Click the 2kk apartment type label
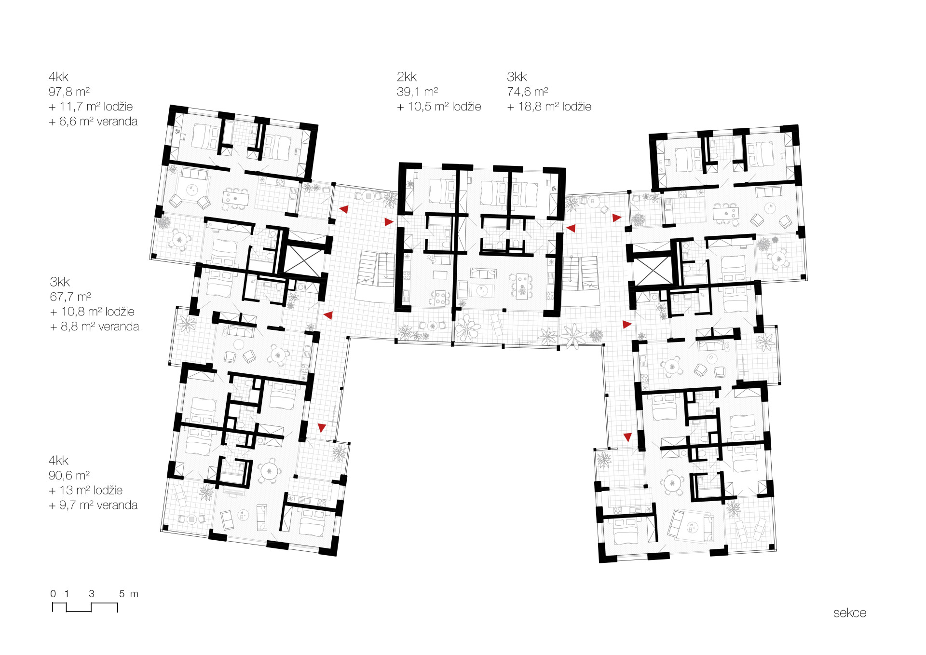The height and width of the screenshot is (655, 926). tap(407, 77)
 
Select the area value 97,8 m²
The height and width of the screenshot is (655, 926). tap(69, 92)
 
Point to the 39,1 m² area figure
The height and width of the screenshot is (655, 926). tap(417, 92)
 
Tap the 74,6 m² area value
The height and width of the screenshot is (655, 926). tap(527, 92)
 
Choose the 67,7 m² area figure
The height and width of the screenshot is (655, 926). tap(70, 297)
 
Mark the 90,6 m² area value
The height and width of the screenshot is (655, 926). tap(69, 476)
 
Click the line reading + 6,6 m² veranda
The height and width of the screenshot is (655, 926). tap(93, 122)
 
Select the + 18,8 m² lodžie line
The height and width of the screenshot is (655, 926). tap(549, 107)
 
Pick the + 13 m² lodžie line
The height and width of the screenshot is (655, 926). tap(86, 491)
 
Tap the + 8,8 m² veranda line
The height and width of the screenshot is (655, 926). tap(95, 327)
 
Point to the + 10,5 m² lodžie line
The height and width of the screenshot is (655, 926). tap(439, 107)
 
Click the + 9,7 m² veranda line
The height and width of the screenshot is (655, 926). tap(93, 505)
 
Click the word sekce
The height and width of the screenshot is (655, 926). tap(850, 613)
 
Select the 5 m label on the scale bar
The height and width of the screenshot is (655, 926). tap(129, 594)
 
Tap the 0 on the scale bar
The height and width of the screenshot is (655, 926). tap(53, 594)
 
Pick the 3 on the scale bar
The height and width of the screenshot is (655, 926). tap(92, 594)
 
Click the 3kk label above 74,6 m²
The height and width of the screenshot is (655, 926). tap(517, 77)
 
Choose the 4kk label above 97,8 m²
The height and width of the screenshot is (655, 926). tap(58, 77)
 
